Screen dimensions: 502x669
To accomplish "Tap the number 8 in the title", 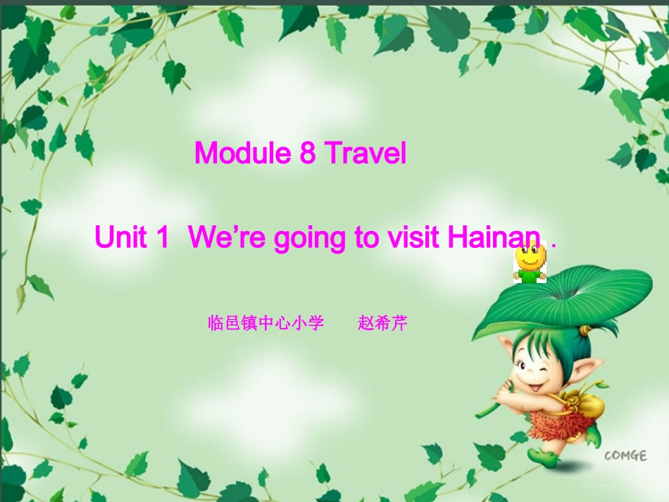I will click(x=308, y=153).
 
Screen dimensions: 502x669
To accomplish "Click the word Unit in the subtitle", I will click(x=122, y=238).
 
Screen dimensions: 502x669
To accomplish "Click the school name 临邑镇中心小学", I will click(x=266, y=324).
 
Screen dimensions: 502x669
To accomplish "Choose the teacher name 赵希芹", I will click(x=383, y=324).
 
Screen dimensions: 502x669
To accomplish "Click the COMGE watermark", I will click(x=625, y=456).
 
